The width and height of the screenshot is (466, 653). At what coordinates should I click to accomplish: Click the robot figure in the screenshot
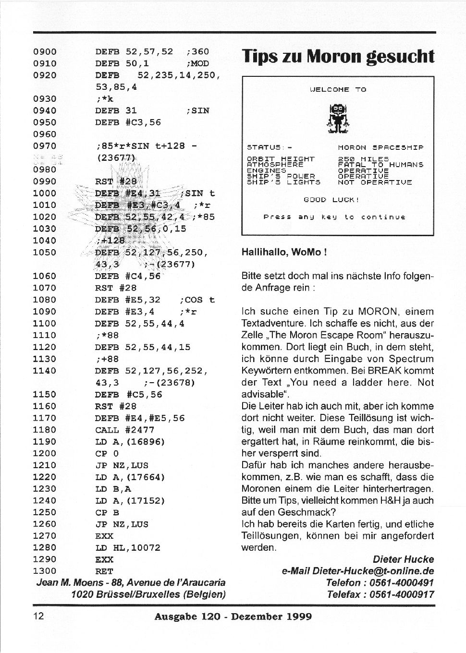(338, 118)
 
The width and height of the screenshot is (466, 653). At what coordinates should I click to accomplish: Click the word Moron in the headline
(334, 57)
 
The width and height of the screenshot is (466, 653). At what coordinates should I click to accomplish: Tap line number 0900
(45, 52)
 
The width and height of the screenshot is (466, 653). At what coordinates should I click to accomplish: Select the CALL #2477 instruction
(125, 430)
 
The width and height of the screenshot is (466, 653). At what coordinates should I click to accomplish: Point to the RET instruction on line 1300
(104, 571)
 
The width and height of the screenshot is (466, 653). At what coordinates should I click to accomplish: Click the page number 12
(38, 616)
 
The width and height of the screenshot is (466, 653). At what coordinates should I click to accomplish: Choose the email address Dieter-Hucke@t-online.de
(373, 571)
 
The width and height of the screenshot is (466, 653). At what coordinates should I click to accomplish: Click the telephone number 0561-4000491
(401, 583)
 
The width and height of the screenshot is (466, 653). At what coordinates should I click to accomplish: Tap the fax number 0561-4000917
(401, 594)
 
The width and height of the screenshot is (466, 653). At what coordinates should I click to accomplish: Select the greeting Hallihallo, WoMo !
(284, 253)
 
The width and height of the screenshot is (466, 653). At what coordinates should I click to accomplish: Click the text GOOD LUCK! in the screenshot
(331, 200)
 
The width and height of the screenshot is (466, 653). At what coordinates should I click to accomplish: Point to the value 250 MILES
(363, 159)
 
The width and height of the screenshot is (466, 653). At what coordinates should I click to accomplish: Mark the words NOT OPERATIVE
(375, 182)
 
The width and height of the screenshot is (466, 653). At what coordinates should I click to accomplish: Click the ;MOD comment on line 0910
(197, 63)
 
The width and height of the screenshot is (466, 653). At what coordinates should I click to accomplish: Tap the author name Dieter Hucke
(403, 559)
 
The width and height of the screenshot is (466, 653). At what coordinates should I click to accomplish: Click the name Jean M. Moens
(70, 583)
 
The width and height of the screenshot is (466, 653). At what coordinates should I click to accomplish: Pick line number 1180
(45, 430)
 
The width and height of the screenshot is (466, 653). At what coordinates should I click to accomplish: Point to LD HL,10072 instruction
(128, 548)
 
